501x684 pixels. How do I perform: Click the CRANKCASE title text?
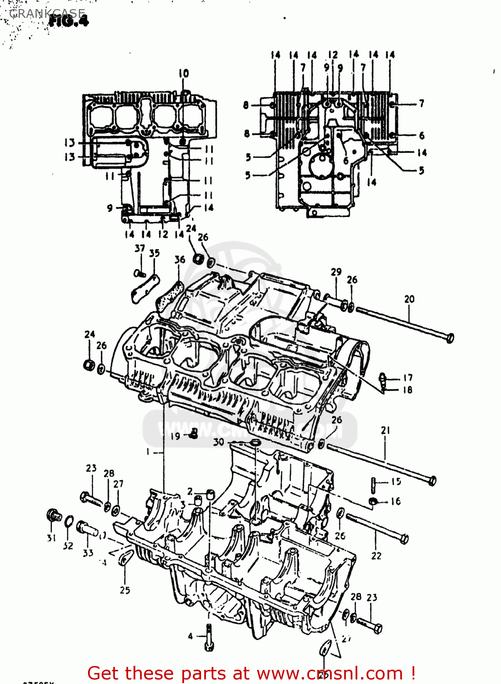point(47,13)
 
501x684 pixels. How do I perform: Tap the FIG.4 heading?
point(68,21)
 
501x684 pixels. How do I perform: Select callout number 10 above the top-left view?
point(183,73)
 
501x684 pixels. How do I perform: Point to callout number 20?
point(409,299)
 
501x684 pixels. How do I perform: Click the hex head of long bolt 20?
point(449,338)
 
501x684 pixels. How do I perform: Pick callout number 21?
point(386,430)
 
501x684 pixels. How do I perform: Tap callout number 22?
point(376,556)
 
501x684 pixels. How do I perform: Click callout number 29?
point(336,272)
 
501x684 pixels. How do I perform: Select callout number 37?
point(139,249)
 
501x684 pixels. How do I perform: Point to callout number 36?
point(180,259)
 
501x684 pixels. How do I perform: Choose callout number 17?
point(408,378)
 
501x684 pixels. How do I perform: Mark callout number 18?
point(408,389)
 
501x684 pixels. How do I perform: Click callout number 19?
point(176,436)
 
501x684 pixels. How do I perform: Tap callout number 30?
point(219,442)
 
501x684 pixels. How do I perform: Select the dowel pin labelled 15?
point(374,484)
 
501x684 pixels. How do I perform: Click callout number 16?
point(395,501)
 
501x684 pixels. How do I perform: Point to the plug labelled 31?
point(54,516)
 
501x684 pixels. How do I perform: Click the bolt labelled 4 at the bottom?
point(209,637)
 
